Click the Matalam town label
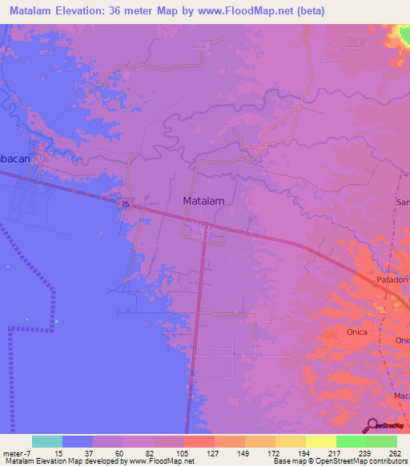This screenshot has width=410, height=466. [203, 202]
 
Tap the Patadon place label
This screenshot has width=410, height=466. [392, 280]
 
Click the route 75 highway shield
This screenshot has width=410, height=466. [124, 205]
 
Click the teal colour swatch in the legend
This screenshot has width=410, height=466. [47, 441]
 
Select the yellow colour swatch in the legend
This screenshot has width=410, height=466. [321, 441]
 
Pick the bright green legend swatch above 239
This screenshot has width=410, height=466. [352, 441]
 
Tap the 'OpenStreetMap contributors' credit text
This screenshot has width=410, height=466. [361, 461]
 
